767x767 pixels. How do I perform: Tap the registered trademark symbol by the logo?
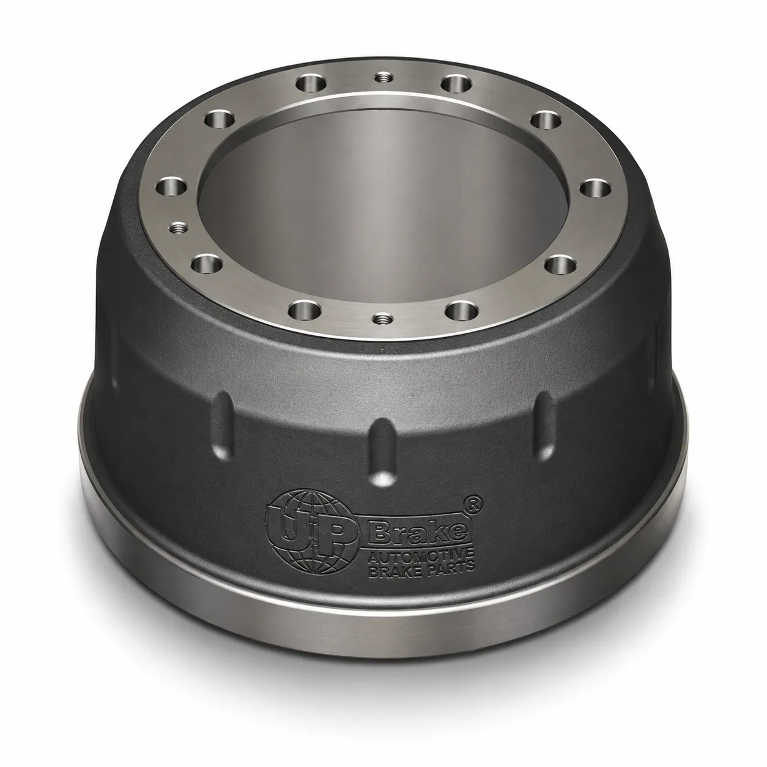tap(477, 503)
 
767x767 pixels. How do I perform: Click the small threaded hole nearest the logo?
tap(383, 318)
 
